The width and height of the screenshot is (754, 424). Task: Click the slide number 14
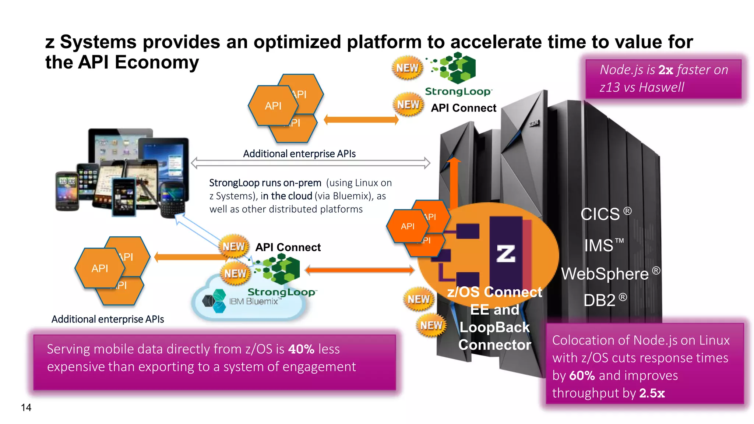26,407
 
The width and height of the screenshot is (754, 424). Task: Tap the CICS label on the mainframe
600,214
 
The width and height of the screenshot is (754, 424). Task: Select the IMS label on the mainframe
599,245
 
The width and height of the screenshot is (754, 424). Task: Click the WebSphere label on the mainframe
605,274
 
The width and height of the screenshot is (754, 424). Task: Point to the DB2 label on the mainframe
599,300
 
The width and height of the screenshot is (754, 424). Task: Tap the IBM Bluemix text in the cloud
253,301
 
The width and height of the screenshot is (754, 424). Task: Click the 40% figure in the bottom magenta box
301,349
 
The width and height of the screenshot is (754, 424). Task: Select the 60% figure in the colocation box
582,375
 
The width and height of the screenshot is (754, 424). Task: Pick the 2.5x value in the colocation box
652,393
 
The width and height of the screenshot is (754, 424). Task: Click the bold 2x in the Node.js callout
666,70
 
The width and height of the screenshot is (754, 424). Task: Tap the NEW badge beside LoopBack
431,325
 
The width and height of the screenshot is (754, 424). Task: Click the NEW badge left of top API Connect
408,105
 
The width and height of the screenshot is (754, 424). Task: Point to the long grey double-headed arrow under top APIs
310,163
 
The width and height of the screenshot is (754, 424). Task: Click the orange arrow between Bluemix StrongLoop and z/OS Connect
360,271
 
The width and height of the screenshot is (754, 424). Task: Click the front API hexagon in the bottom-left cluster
100,268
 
